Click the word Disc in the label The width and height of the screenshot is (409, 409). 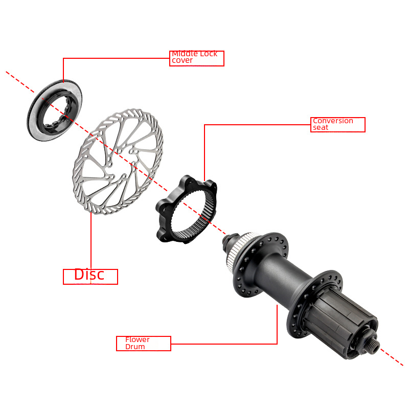tap(89, 275)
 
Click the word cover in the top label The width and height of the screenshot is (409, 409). tap(182, 60)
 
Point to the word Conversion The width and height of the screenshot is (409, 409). tap(333, 121)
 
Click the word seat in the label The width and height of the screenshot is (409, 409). tap(321, 127)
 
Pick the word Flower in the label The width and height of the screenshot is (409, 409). tap(137, 339)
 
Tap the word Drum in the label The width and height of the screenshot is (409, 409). tap(135, 347)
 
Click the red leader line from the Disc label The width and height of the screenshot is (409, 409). tap(91, 241)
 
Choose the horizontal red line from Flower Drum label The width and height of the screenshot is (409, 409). tap(224, 344)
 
